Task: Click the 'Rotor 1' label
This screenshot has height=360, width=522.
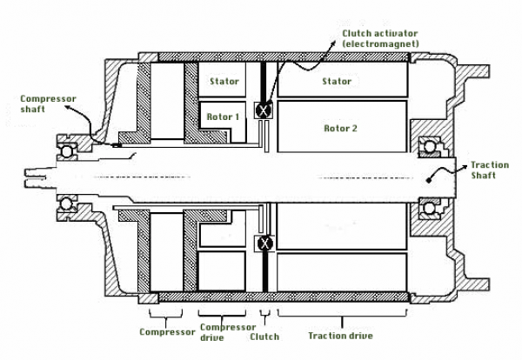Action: (223, 117)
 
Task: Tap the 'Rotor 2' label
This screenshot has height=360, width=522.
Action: (340, 129)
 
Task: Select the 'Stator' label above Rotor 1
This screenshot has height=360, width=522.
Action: (224, 81)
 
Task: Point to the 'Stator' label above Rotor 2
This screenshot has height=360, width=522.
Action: (337, 81)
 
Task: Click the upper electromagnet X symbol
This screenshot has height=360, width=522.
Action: (264, 110)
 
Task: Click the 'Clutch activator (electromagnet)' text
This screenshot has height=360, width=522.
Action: (380, 38)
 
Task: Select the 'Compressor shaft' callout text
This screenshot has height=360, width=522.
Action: (48, 103)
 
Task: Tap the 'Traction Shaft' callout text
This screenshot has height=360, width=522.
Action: (490, 170)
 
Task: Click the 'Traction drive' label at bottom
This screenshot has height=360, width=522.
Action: (340, 336)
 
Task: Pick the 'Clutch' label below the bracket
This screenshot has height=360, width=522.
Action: (264, 337)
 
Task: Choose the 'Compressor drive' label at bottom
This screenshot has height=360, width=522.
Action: (228, 332)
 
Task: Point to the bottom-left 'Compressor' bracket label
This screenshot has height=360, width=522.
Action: (167, 332)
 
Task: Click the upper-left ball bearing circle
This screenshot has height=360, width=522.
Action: (66, 151)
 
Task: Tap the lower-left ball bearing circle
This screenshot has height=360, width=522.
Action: (66, 203)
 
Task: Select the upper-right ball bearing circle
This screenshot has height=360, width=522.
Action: (429, 146)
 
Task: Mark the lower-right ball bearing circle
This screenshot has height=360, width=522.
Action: (429, 209)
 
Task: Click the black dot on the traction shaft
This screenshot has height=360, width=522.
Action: (428, 180)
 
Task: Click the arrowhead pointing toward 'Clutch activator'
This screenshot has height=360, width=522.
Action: (333, 44)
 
